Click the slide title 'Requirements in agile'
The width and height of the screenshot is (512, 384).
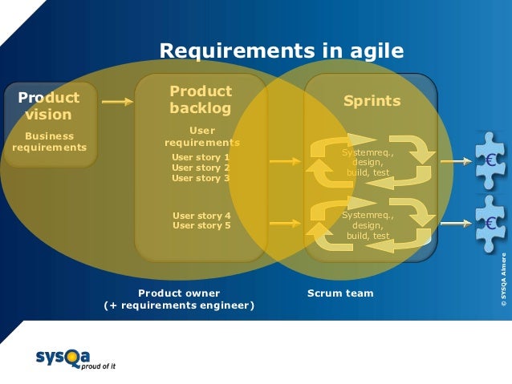[x=281, y=51]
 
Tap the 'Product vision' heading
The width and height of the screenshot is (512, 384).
[x=50, y=106]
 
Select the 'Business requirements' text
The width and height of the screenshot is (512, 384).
[x=49, y=142]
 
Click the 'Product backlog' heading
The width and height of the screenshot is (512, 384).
[x=201, y=99]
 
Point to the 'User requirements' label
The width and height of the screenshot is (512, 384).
[x=201, y=136]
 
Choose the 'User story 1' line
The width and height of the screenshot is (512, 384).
[x=201, y=157]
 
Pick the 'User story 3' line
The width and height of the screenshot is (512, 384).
[x=201, y=178]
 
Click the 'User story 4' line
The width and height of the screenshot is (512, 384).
[x=201, y=216]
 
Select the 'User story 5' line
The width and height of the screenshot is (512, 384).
[x=201, y=226]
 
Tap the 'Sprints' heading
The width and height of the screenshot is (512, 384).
[x=372, y=101]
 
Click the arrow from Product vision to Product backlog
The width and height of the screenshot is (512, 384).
[x=117, y=102]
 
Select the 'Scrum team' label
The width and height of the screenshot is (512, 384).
[x=340, y=293]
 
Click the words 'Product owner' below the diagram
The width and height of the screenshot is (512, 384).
[x=179, y=293]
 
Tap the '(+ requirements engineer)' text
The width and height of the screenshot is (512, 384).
[x=179, y=306]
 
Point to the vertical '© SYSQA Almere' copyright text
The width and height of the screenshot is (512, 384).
[x=503, y=280]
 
